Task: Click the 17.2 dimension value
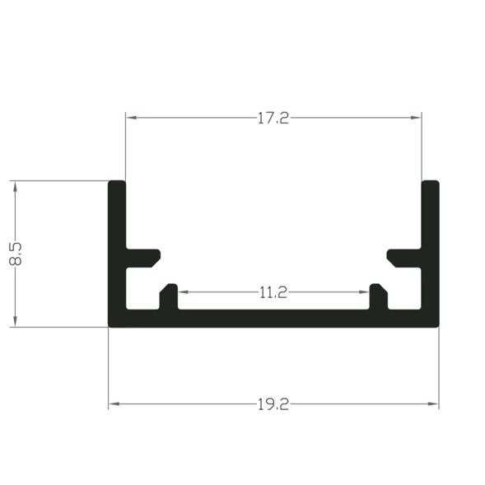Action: point(273,118)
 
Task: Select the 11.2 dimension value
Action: point(273,292)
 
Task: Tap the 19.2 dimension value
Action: point(273,404)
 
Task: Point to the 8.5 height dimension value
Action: point(15,253)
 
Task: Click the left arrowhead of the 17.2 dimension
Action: point(130,118)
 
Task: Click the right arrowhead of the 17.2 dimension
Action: point(417,118)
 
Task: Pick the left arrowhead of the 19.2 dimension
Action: point(113,404)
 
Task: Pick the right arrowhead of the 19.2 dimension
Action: point(434,404)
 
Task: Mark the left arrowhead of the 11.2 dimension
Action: point(183,292)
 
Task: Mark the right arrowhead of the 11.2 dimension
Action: point(364,292)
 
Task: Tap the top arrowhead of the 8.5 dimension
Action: point(15,185)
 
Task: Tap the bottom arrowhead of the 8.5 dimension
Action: point(15,322)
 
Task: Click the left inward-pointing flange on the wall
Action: point(143,258)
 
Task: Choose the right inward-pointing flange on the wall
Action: point(403,258)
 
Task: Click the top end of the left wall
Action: point(117,183)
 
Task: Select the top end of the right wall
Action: point(430,183)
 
